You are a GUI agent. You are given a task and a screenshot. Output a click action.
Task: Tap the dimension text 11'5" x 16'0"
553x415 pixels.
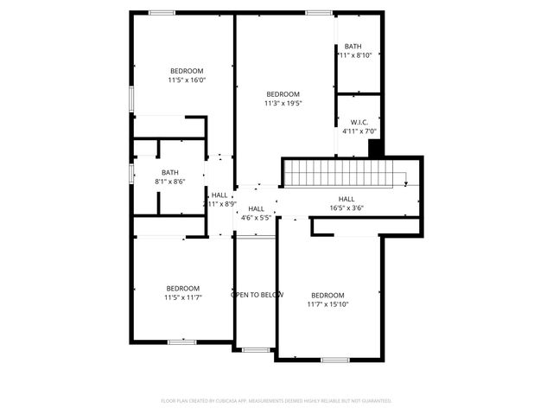tap(187, 80)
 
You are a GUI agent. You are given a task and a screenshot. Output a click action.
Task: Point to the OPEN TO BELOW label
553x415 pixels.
tap(257, 295)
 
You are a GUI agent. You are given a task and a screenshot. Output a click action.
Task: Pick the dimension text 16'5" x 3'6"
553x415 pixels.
tap(346, 208)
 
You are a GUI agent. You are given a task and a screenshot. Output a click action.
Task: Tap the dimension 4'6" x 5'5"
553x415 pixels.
tap(256, 218)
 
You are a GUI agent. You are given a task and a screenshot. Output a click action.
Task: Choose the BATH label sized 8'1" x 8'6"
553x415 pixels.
tap(169, 172)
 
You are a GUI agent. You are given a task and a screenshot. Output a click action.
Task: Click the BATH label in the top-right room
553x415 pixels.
tap(353, 47)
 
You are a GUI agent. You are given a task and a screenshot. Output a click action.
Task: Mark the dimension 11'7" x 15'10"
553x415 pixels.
tap(327, 304)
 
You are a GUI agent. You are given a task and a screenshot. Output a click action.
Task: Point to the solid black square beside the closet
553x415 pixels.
tap(376, 148)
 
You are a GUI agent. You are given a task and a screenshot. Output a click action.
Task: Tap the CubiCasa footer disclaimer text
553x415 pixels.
tap(276, 400)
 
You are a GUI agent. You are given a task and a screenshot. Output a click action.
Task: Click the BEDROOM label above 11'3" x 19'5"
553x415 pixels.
tap(283, 94)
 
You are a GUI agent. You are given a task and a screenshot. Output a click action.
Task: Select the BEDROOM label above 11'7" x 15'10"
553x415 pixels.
tap(327, 295)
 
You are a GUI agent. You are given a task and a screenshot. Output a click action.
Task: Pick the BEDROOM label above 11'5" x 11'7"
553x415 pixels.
tap(182, 289)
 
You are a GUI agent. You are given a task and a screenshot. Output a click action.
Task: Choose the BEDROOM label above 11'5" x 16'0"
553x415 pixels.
tap(187, 71)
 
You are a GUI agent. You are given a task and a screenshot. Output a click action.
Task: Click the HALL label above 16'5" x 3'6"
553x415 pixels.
tap(346, 199)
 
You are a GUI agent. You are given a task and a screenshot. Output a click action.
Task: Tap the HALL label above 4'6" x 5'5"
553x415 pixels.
tap(256, 209)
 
